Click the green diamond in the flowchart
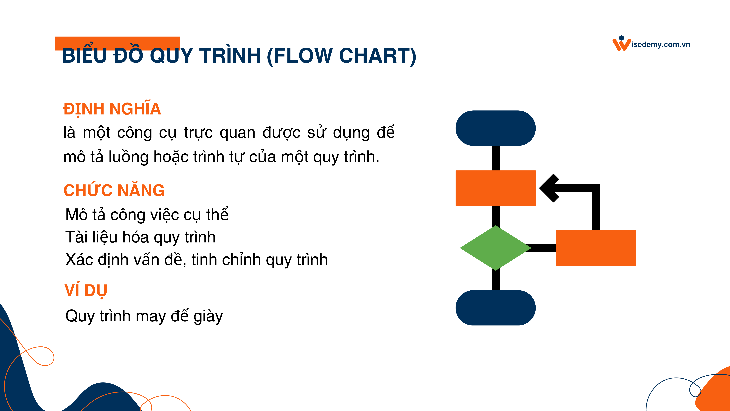pyautogui.click(x=495, y=248)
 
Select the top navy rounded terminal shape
pyautogui.click(x=495, y=128)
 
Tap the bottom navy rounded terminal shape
pyautogui.click(x=495, y=308)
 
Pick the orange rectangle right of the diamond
pyautogui.click(x=596, y=248)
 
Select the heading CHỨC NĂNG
pyautogui.click(x=114, y=190)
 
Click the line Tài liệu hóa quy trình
pyautogui.click(x=140, y=237)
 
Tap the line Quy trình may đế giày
pyautogui.click(x=144, y=316)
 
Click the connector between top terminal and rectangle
pyautogui.click(x=495, y=158)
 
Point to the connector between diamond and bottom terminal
pyautogui.click(x=495, y=280)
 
